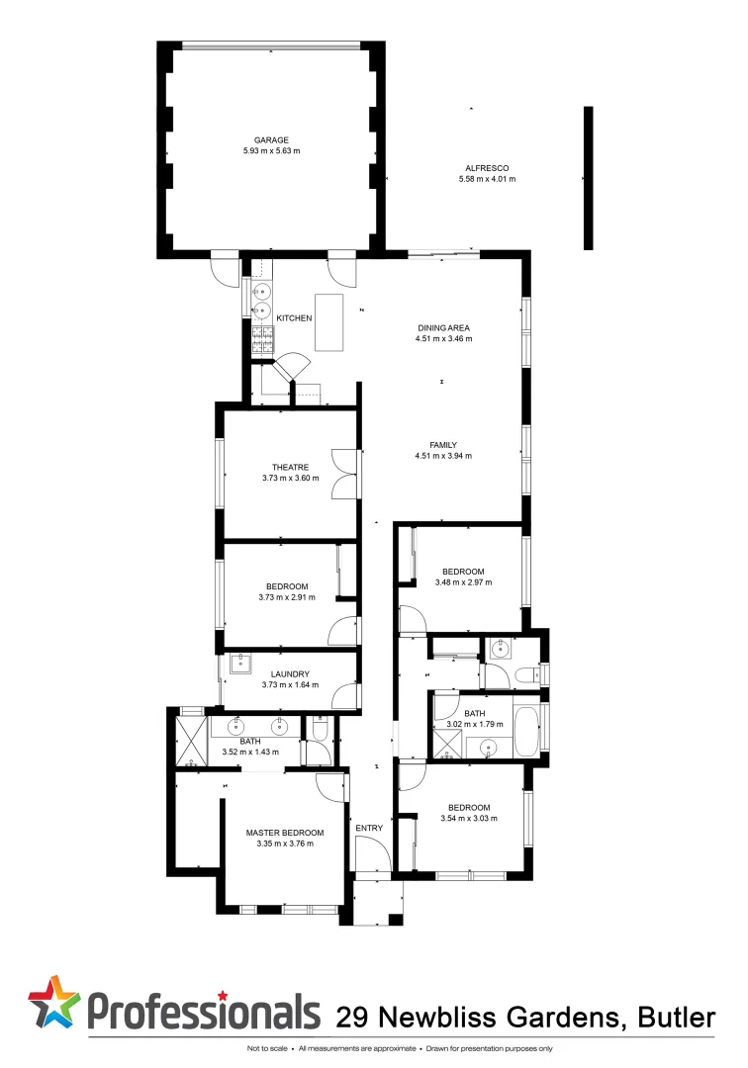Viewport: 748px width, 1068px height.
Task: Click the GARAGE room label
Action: (x=270, y=140)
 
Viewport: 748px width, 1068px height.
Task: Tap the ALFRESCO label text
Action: (x=487, y=168)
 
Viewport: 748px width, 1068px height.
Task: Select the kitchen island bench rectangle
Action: (x=328, y=321)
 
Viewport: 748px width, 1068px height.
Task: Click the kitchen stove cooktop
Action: (x=262, y=341)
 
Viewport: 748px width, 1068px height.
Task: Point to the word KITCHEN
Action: (x=294, y=318)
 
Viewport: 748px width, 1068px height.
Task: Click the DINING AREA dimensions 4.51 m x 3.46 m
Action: (x=443, y=339)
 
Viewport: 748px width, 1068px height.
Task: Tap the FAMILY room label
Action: (x=443, y=444)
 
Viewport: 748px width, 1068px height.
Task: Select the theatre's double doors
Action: (x=344, y=476)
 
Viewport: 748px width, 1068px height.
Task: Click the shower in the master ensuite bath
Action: (x=188, y=737)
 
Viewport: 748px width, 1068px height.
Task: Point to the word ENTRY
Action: (x=369, y=828)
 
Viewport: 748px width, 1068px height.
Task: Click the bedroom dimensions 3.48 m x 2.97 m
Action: (x=463, y=582)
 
